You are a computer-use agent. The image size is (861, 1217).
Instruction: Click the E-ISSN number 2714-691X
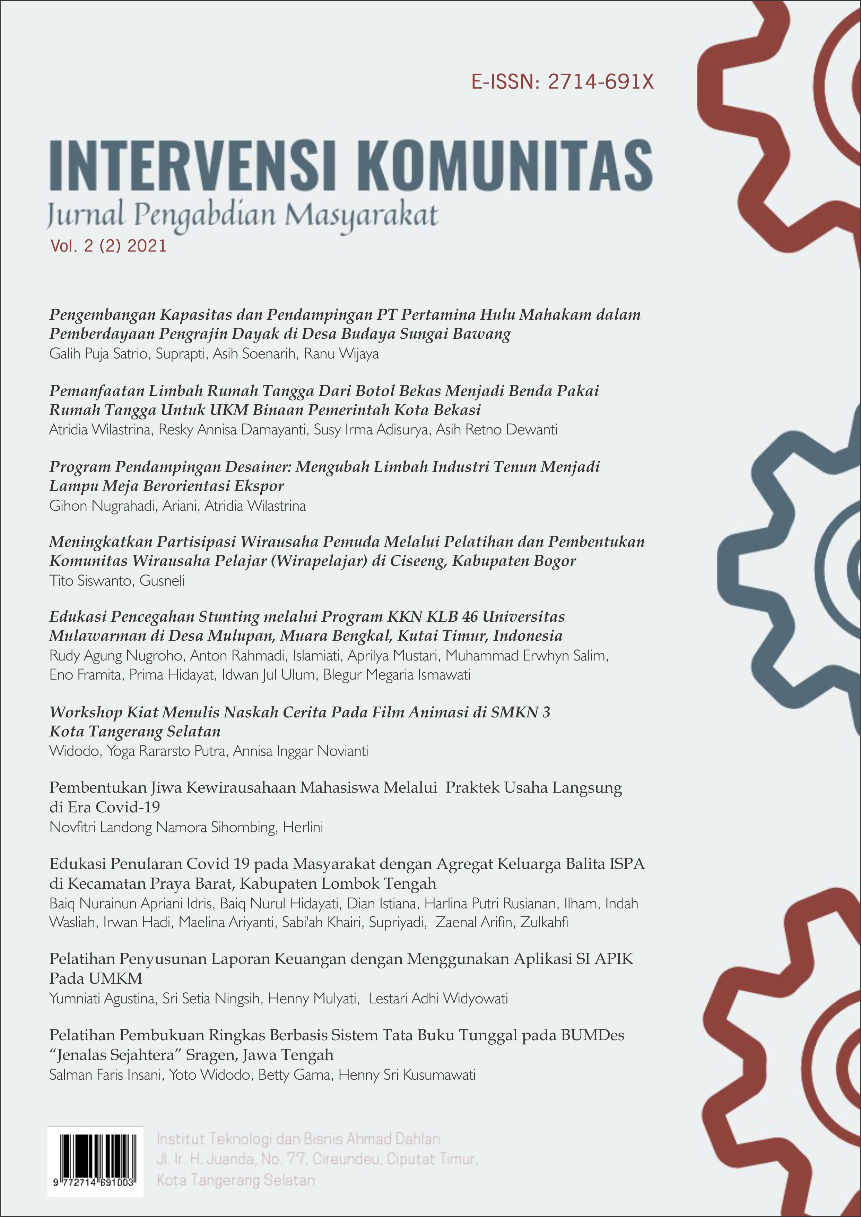point(601,82)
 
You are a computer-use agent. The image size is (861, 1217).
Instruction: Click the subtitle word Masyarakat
point(361,216)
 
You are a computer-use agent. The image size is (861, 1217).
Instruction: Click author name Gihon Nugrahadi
point(98,506)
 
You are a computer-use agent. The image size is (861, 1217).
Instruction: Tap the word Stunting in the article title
point(229,617)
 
